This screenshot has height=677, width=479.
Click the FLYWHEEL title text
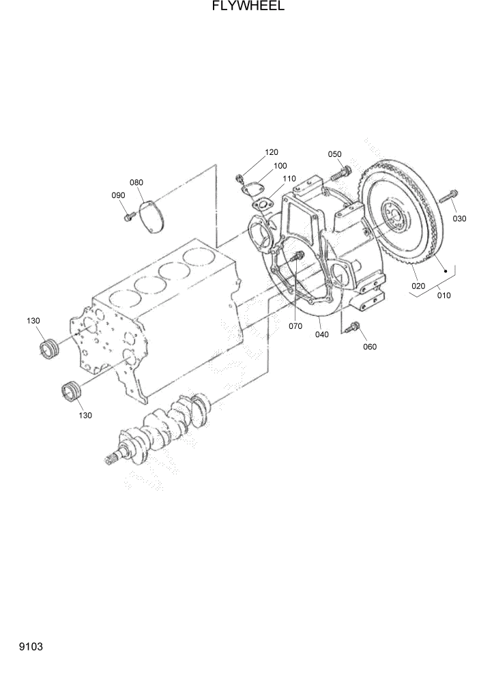click(x=239, y=7)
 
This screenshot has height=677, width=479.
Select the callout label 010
click(x=444, y=296)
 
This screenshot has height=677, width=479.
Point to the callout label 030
click(x=459, y=218)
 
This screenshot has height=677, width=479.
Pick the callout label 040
click(x=322, y=334)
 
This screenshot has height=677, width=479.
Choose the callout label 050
click(x=334, y=154)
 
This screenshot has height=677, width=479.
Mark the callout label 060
click(x=370, y=346)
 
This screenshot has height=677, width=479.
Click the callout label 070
click(x=295, y=326)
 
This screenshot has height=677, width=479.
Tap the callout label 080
click(x=136, y=182)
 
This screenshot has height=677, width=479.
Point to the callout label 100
click(x=280, y=166)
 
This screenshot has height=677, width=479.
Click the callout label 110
click(x=289, y=179)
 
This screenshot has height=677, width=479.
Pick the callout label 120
click(x=272, y=152)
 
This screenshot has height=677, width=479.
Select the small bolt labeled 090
click(x=128, y=216)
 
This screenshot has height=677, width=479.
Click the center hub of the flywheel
click(x=394, y=217)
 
